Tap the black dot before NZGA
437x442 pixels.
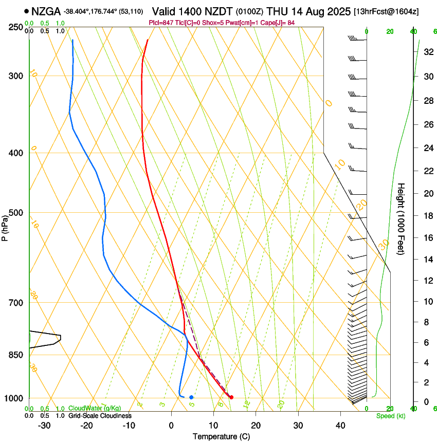coord(26,11)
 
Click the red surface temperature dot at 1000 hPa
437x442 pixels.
coord(231,397)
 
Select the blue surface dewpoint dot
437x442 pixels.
coord(191,397)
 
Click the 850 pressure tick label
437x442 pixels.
coord(16,355)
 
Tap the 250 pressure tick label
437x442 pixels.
coord(16,27)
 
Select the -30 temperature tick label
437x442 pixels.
coord(44,426)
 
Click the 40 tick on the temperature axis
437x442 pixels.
coord(340,426)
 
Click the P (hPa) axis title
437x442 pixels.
coord(5,227)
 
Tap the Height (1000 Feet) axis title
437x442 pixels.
coord(402,218)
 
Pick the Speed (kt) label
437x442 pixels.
coord(390,416)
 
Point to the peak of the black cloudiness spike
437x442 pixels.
coord(61,338)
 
